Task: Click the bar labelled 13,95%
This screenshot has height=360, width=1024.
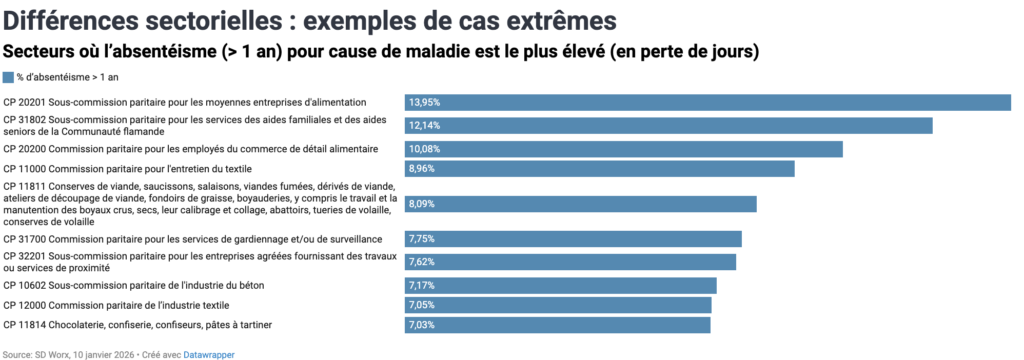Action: click(x=707, y=103)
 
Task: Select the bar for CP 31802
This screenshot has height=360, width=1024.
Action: click(x=668, y=126)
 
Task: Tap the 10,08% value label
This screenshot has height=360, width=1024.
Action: click(x=424, y=149)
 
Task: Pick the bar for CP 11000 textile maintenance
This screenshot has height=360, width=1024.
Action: click(x=599, y=169)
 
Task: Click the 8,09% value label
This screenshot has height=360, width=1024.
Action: click(x=422, y=204)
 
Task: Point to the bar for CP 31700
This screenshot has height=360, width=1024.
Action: click(x=573, y=239)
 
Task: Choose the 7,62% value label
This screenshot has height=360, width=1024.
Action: click(x=422, y=262)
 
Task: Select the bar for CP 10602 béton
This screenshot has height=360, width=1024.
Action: click(x=560, y=286)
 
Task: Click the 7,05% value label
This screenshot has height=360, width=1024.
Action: click(x=422, y=305)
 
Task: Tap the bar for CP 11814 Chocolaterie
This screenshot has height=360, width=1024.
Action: click(x=557, y=325)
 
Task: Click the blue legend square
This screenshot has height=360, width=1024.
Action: click(x=8, y=77)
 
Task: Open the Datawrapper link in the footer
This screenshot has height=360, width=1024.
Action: click(x=209, y=355)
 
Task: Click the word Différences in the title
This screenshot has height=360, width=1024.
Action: click(x=71, y=22)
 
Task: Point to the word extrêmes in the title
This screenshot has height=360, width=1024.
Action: click(x=561, y=22)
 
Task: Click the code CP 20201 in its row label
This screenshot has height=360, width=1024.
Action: click(x=25, y=103)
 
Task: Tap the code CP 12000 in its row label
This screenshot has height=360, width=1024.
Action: click(x=25, y=306)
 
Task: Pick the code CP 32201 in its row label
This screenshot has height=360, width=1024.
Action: click(x=25, y=256)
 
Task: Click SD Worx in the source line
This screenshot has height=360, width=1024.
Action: click(x=52, y=355)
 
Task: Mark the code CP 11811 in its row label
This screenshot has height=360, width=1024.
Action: click(x=25, y=187)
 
